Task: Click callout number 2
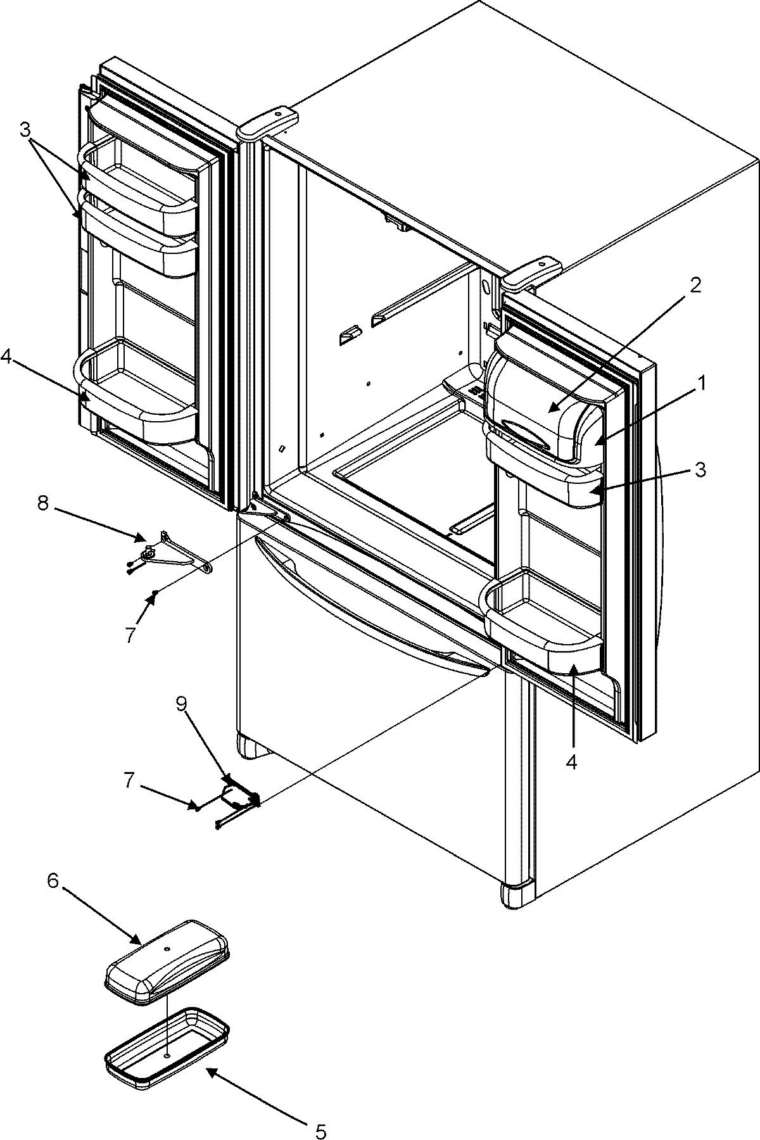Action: [x=695, y=285]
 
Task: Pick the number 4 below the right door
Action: [x=571, y=763]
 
